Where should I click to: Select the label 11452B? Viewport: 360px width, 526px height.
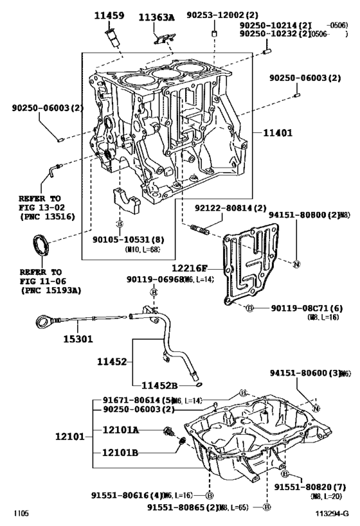click(x=160, y=385)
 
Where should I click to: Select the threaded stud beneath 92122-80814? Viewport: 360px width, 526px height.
click(x=200, y=228)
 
